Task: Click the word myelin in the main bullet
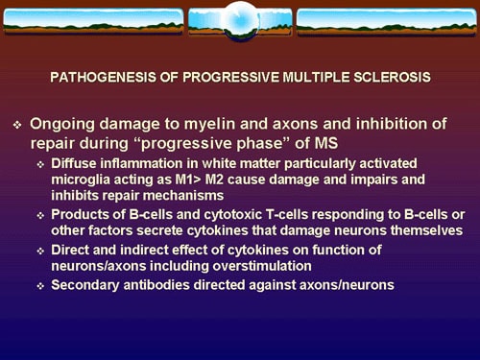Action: pyautogui.click(x=210, y=125)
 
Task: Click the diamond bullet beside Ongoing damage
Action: pyautogui.click(x=15, y=126)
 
